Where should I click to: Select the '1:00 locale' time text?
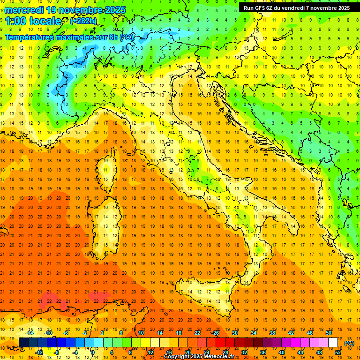tap(33, 21)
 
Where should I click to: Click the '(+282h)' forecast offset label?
tap(83, 21)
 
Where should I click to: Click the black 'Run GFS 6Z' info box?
tap(296, 7)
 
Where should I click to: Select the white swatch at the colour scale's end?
tap(333, 343)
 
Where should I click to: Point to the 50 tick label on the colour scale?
tap(328, 333)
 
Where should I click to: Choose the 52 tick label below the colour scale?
tap(338, 352)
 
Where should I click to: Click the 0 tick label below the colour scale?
tap(92, 352)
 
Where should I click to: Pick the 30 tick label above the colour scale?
tap(234, 333)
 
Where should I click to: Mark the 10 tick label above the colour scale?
tap(141, 333)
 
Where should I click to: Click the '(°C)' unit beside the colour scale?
tap(349, 343)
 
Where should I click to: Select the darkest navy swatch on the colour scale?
tap(23, 343)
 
